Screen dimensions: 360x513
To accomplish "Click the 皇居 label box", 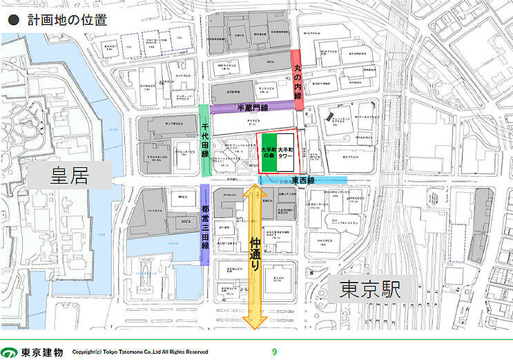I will [x=69, y=176].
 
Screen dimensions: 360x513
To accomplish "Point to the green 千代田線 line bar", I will [x=204, y=141].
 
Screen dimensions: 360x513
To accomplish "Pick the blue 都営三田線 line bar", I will [x=204, y=225].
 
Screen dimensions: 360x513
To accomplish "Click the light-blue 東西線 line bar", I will [x=303, y=180].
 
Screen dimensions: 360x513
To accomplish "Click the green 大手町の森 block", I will [x=269, y=153].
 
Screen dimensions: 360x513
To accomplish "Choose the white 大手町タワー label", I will [x=285, y=153].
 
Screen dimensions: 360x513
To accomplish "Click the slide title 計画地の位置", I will [x=68, y=20].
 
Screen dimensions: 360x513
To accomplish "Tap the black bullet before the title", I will [x=12, y=21].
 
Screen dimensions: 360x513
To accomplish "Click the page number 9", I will [x=274, y=352].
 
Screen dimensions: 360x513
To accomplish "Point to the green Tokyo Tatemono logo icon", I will [x=9, y=352].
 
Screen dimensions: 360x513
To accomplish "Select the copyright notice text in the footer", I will [x=140, y=352].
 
